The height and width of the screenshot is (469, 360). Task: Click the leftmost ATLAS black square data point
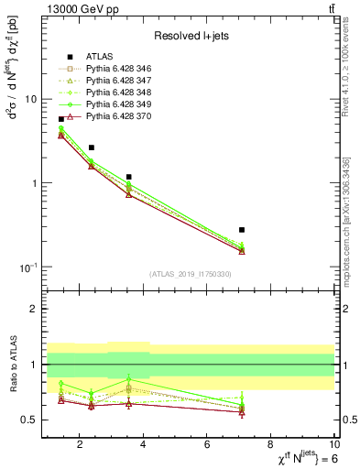pyautogui.click(x=61, y=119)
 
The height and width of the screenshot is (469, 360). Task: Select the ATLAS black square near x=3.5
pyautogui.click(x=129, y=177)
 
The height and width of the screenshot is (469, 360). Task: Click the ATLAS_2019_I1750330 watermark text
pyautogui.click(x=191, y=273)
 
